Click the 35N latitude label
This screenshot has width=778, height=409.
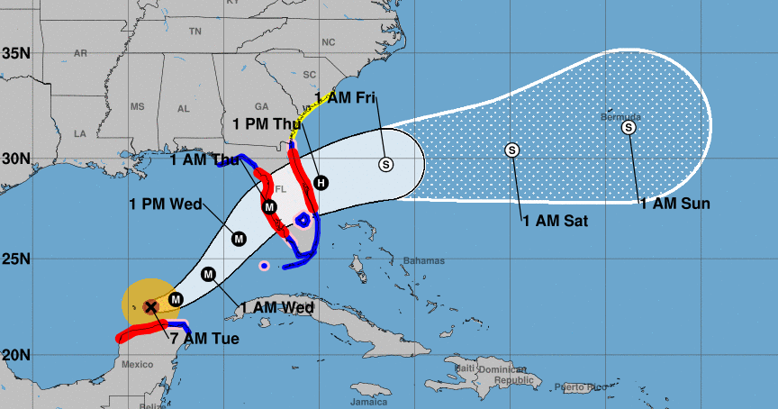coord(15,52)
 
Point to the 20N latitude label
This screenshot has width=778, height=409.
coord(15,353)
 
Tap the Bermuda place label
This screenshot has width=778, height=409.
coord(621,117)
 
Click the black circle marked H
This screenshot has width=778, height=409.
coord(321,183)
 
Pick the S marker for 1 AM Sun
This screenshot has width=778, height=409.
coord(629,128)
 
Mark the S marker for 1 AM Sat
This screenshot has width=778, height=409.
coord(512,150)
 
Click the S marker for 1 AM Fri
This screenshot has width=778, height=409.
coord(386,164)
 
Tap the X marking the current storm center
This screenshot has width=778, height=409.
coord(151,307)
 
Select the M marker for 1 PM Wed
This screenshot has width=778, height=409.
coord(240,239)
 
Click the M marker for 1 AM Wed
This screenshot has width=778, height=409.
coord(209,274)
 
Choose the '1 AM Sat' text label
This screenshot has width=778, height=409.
coord(555,219)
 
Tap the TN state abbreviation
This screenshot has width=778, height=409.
coord(194,32)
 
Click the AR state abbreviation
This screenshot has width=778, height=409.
coord(80,53)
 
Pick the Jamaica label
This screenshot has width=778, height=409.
coord(369,402)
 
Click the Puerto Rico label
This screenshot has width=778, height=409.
coord(576,386)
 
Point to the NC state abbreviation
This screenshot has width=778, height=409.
coord(328,42)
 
